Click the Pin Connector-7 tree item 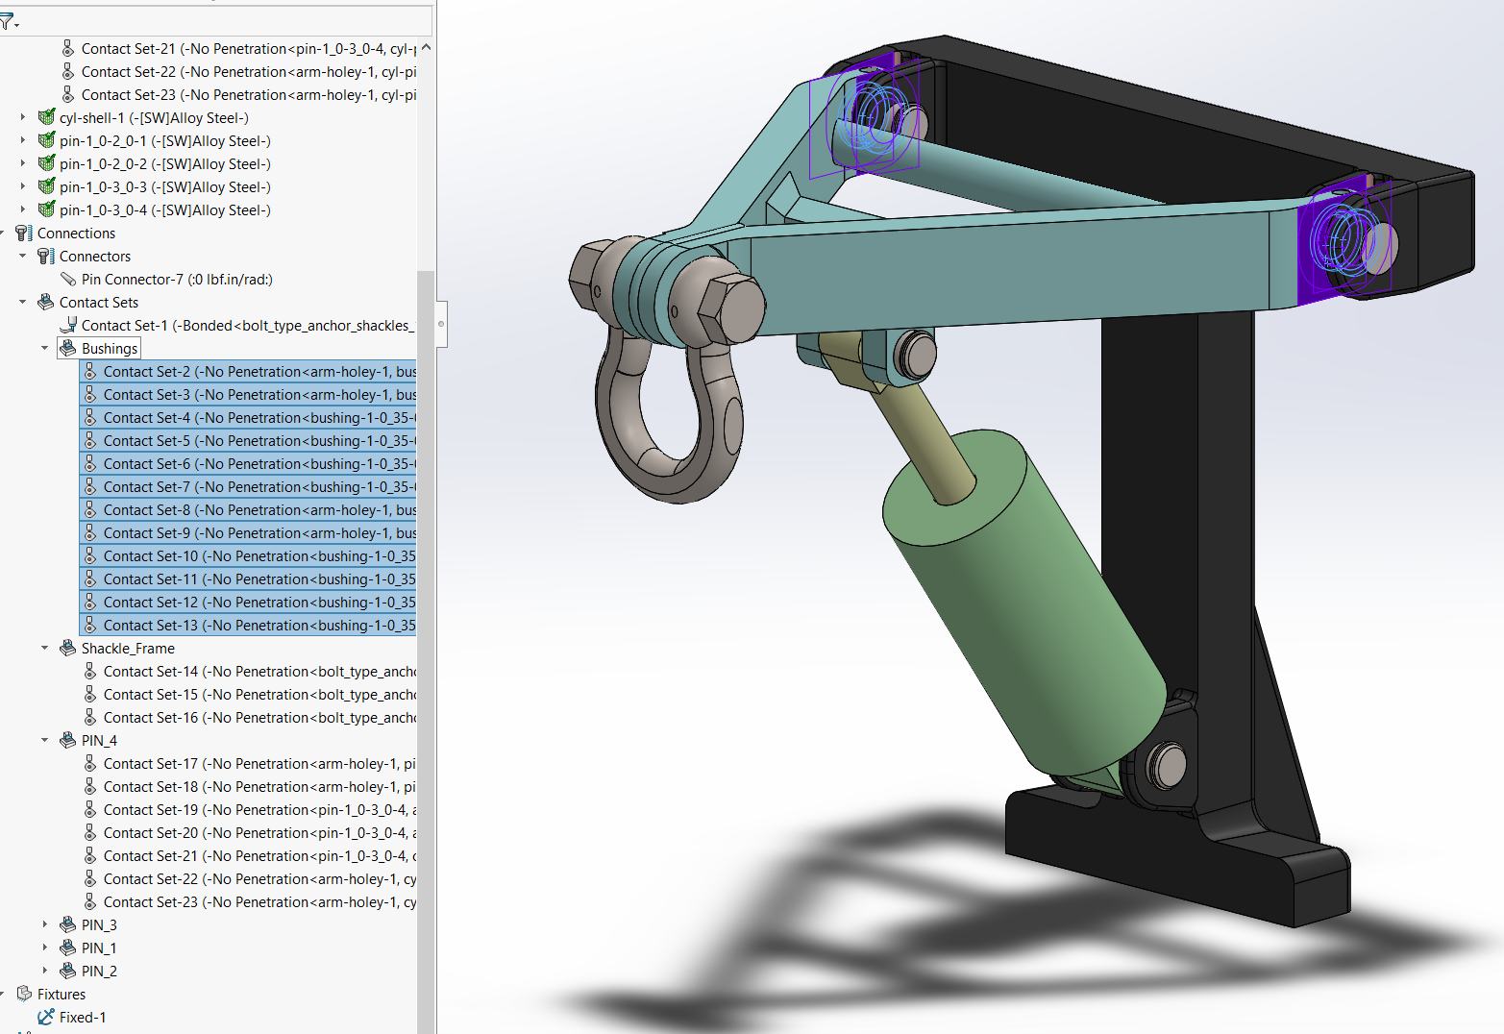tap(176, 280)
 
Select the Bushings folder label tap(109, 349)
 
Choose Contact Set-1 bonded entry tap(245, 326)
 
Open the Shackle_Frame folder tap(127, 649)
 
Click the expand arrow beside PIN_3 tap(44, 924)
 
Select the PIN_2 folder tap(98, 972)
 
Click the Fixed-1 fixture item tap(82, 1018)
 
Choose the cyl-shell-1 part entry tap(153, 118)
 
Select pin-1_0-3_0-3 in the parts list tap(164, 187)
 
